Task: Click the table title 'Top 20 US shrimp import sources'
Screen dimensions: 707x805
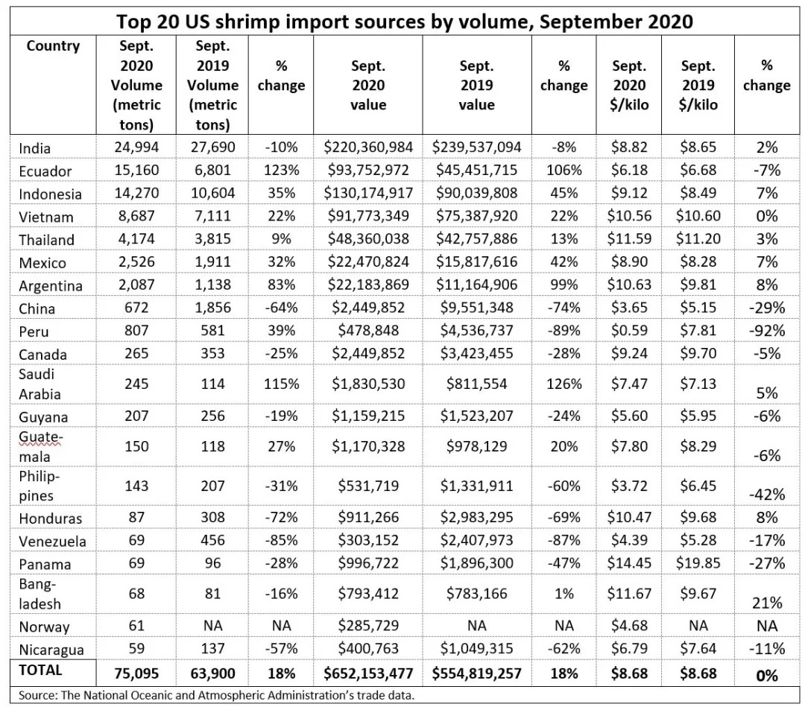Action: [402, 20]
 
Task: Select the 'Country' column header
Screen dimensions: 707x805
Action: [53, 46]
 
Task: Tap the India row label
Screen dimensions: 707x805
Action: [35, 148]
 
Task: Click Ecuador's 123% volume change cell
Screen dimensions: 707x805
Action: [281, 171]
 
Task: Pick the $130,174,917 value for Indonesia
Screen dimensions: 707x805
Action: [368, 194]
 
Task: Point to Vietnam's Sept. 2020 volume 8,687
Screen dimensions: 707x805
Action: [136, 217]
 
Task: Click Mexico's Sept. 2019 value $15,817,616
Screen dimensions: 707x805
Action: [476, 262]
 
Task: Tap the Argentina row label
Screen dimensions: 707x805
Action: [51, 286]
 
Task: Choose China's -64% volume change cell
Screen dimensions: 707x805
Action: [281, 308]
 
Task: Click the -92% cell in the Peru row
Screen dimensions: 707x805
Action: [766, 331]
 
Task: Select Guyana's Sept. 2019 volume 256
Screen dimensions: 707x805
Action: [212, 416]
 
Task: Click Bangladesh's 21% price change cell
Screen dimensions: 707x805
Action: [766, 603]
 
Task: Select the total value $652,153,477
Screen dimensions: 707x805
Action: [368, 674]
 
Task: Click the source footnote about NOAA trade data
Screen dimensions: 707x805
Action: [216, 696]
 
